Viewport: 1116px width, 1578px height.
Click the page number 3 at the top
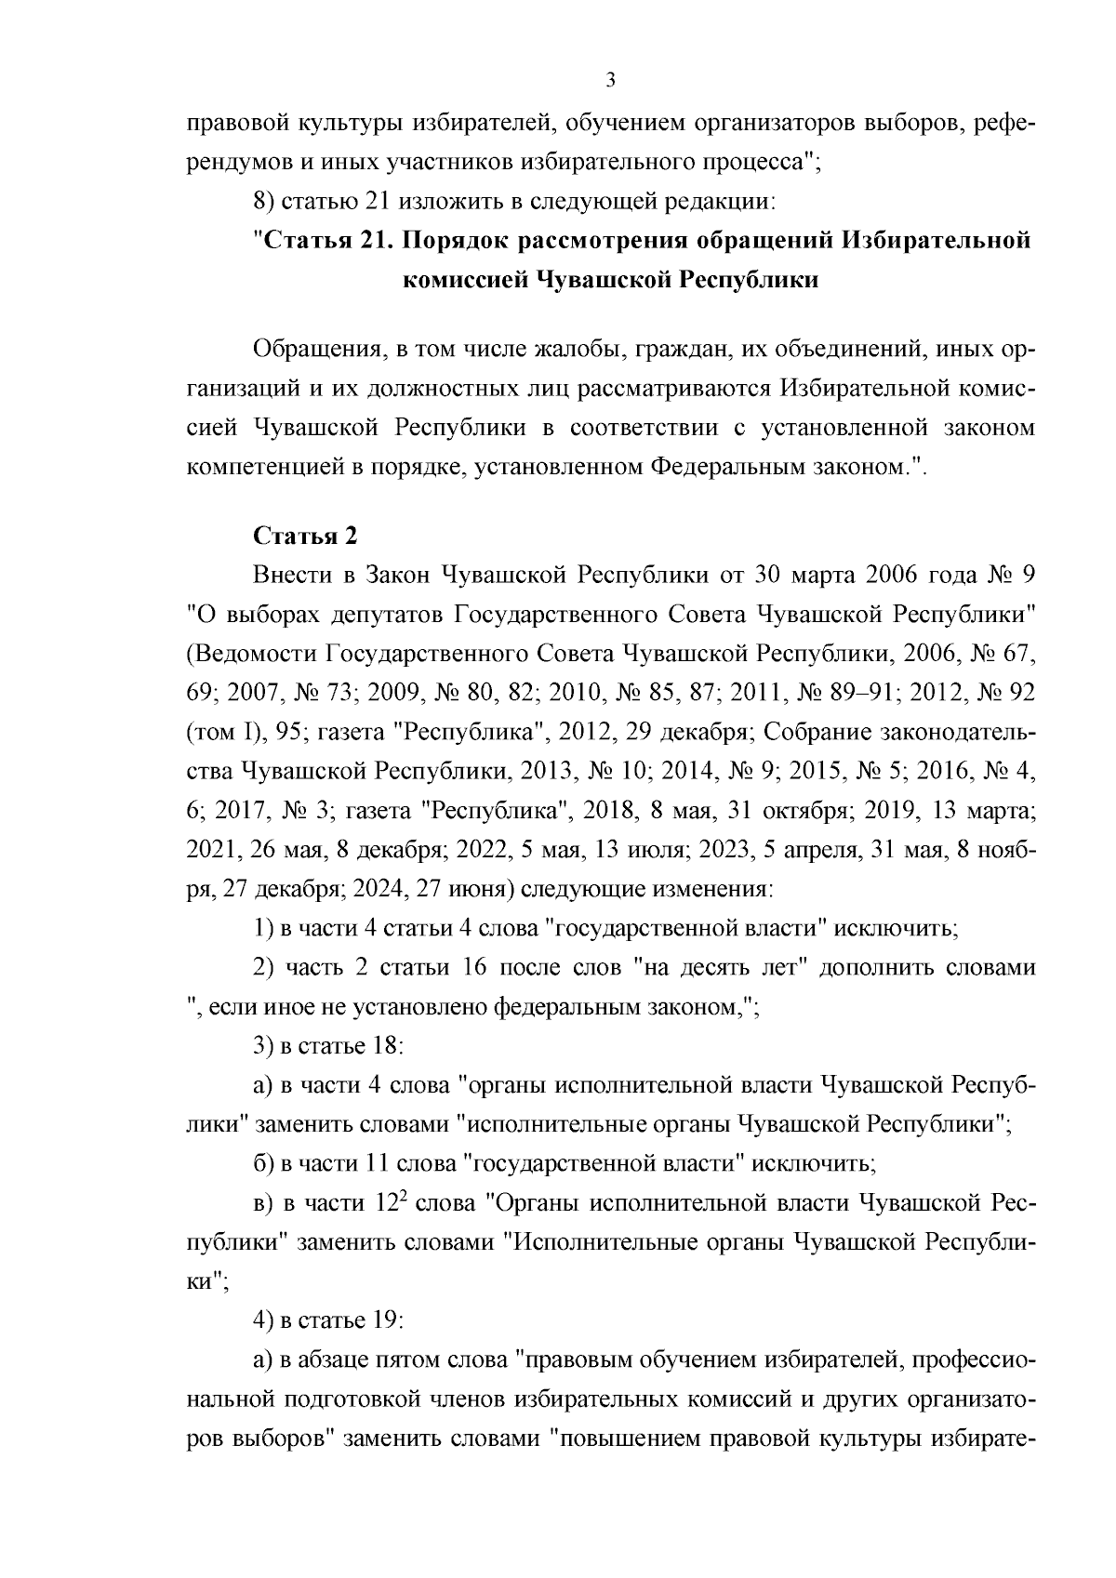click(x=611, y=80)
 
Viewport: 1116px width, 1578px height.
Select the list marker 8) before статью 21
click(x=264, y=201)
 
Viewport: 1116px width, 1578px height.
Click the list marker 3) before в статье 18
click(x=264, y=1045)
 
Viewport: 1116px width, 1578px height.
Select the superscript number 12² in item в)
click(x=391, y=1201)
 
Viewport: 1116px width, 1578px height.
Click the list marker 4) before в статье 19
click(x=264, y=1319)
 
